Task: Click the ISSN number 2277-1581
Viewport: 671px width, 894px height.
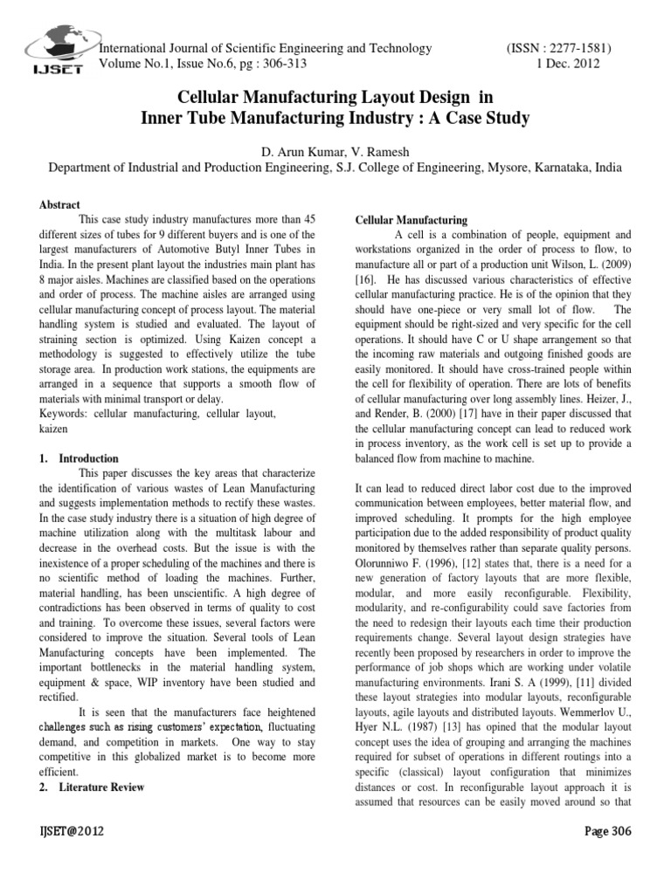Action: pyautogui.click(x=578, y=48)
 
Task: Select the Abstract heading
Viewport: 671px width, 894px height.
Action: pyautogui.click(x=60, y=204)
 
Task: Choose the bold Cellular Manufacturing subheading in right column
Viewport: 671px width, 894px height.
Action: pyautogui.click(x=411, y=220)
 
